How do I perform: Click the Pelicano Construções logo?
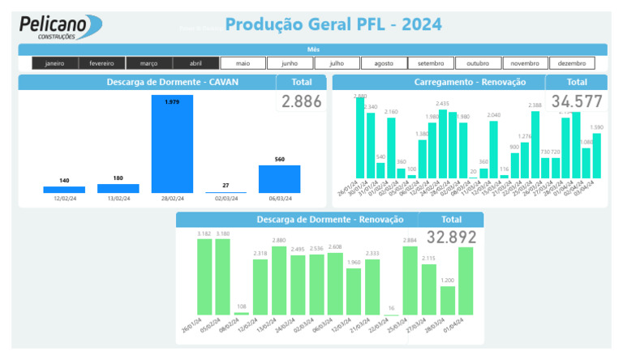[x=61, y=27]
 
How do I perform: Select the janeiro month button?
[x=55, y=63]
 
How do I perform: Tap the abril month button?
[x=195, y=63]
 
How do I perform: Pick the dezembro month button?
[x=571, y=63]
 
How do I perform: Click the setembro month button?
[x=431, y=63]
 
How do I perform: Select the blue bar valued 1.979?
[x=172, y=144]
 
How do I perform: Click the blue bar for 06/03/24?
[x=279, y=179]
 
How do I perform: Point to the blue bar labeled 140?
[x=64, y=190]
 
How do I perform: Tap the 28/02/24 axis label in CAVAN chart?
[x=172, y=199]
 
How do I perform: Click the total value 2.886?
[x=302, y=101]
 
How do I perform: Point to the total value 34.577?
[x=576, y=101]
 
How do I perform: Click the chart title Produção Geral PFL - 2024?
[x=333, y=25]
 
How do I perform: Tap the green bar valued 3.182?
[x=204, y=276]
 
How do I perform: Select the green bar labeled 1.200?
[x=447, y=300]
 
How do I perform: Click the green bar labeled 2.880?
[x=279, y=281]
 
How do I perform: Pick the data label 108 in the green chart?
[x=242, y=307]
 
